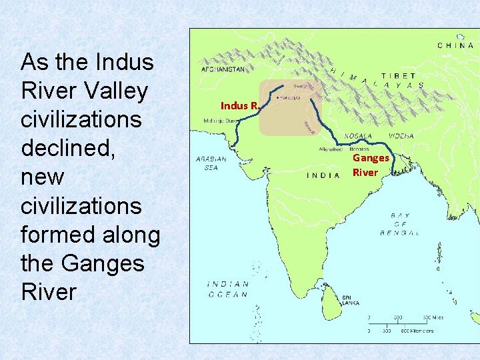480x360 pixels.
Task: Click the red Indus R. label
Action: [239, 105]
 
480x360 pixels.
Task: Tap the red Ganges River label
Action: [370, 165]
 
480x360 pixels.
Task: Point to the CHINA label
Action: [456, 45]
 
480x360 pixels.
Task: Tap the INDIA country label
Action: [328, 176]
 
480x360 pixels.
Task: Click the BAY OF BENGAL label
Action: [405, 224]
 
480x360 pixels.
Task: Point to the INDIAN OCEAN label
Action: [228, 289]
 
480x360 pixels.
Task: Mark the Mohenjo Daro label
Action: [221, 121]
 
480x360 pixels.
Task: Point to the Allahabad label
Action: [331, 149]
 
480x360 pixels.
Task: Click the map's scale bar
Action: [400, 324]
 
